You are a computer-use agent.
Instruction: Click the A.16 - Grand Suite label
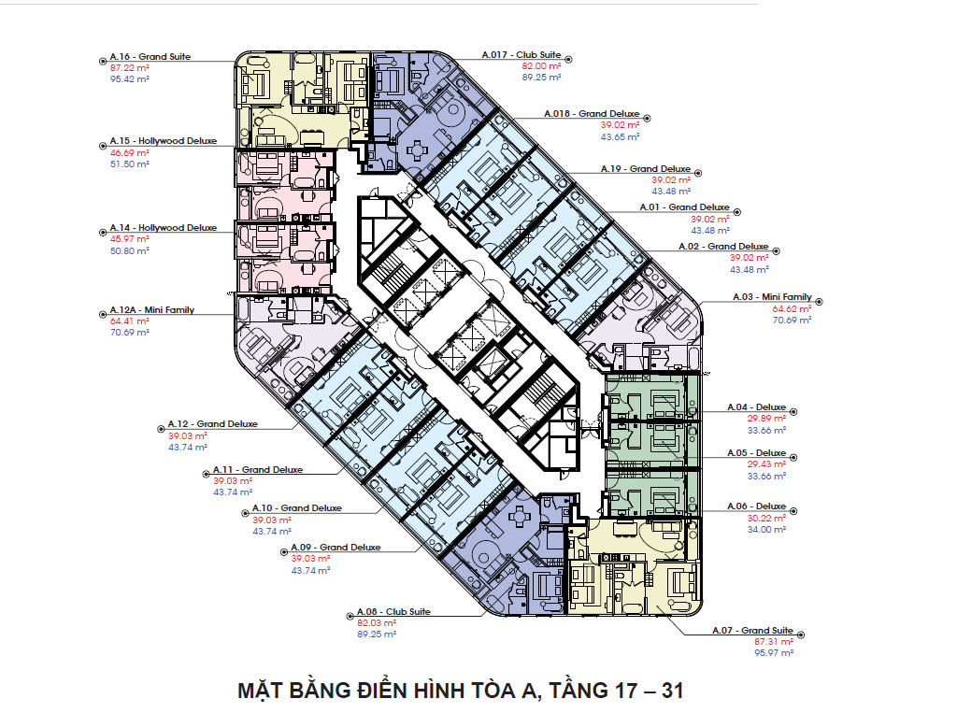tap(150, 57)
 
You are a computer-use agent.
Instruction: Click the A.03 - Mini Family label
tap(773, 297)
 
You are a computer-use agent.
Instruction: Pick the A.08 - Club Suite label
tap(393, 611)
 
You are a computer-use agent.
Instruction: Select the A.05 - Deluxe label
tap(756, 453)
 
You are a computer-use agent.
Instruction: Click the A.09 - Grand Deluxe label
tap(336, 548)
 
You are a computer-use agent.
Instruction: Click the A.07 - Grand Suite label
tap(752, 631)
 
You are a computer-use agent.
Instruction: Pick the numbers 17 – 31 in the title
tap(644, 692)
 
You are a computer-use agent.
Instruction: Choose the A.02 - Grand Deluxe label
tap(723, 247)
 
